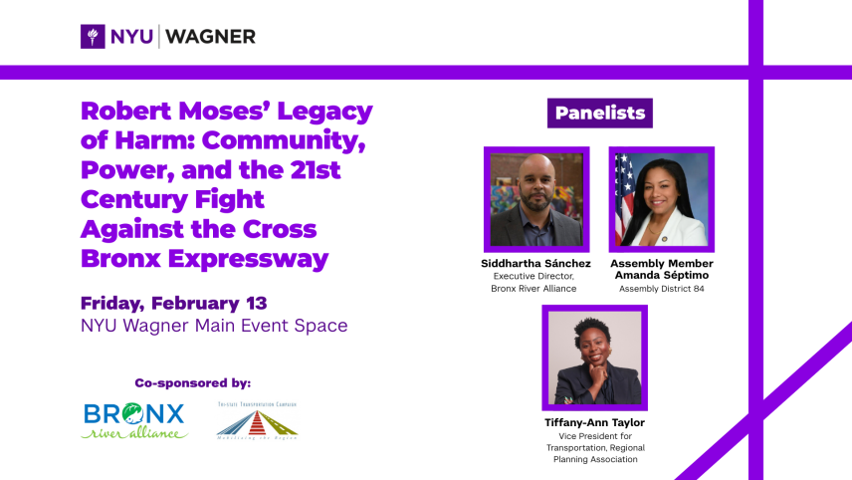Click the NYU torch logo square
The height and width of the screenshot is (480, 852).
(x=94, y=37)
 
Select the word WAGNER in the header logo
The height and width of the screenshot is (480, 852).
(x=210, y=37)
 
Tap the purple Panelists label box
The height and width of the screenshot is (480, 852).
(x=599, y=113)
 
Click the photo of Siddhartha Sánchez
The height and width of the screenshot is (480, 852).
(x=535, y=199)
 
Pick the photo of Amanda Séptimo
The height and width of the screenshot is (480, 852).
(x=661, y=199)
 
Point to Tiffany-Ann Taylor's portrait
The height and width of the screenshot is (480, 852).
(x=594, y=358)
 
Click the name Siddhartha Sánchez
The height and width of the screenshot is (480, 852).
(x=535, y=264)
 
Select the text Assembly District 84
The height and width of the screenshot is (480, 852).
(x=661, y=289)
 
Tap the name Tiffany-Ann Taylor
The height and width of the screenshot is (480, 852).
(x=594, y=422)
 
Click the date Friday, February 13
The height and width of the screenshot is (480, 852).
(x=174, y=303)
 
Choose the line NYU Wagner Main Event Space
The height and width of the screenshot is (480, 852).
(x=214, y=326)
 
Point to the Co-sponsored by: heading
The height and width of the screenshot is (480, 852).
(x=192, y=382)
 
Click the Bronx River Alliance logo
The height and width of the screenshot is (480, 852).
(x=135, y=420)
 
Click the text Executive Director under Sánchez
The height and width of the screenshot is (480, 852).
(x=535, y=276)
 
